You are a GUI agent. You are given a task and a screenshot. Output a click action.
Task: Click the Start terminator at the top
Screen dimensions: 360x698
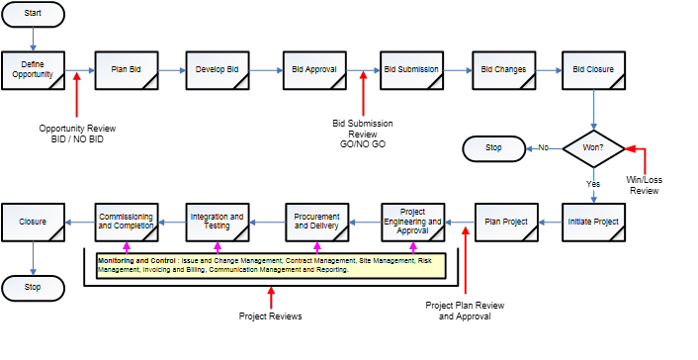pos(34,15)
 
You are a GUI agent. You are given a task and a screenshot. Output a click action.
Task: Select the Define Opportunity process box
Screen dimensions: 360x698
pos(34,70)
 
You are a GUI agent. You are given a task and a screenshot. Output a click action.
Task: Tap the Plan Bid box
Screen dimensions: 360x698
pos(125,70)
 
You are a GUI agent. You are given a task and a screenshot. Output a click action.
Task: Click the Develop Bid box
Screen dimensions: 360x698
pos(218,70)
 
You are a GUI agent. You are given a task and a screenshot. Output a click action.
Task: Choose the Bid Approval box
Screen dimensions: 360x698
pos(313,70)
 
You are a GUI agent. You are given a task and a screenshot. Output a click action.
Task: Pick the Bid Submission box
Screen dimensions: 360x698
pos(410,70)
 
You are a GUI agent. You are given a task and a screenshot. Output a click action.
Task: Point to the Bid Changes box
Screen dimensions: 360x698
pos(502,70)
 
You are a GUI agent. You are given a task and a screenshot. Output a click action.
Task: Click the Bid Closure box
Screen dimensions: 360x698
pos(593,70)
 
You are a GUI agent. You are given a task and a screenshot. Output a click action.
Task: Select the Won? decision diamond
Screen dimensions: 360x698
pos(593,148)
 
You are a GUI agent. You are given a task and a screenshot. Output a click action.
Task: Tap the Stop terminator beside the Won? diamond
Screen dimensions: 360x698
pos(493,148)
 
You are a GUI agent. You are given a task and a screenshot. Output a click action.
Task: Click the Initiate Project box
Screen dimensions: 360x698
pos(593,223)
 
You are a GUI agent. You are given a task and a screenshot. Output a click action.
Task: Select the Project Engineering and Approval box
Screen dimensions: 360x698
pos(412,223)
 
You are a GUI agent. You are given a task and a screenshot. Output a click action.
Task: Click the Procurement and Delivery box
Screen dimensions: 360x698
pos(315,223)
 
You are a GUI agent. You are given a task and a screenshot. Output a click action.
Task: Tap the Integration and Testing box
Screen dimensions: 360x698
pos(217,223)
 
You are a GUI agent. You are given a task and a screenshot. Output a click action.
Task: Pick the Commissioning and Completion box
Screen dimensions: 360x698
pos(126,223)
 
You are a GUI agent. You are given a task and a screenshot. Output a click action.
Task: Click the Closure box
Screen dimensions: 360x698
pos(34,223)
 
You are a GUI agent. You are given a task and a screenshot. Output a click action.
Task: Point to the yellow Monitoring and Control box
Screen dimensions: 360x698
pos(270,265)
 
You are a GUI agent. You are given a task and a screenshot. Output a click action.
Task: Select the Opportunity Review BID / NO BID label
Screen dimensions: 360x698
pos(77,135)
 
